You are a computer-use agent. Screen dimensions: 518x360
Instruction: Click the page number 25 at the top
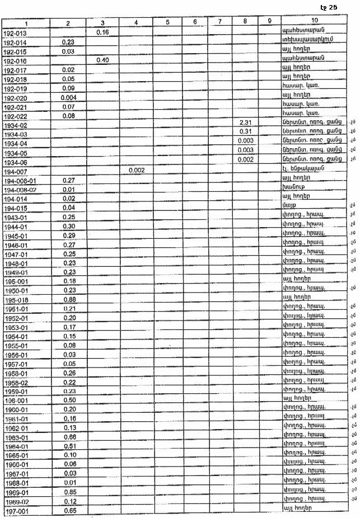point(333,7)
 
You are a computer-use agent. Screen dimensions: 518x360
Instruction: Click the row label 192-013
point(15,33)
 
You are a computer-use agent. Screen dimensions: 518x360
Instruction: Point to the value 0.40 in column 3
point(102,60)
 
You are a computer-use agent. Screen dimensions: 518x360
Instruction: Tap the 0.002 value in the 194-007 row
point(137,169)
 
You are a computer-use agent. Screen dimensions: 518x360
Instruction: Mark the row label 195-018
point(16,300)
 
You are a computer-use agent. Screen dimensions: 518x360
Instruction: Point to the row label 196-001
point(16,401)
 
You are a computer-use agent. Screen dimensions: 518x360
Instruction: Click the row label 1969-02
point(16,501)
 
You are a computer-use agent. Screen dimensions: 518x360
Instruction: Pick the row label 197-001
point(15,510)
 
